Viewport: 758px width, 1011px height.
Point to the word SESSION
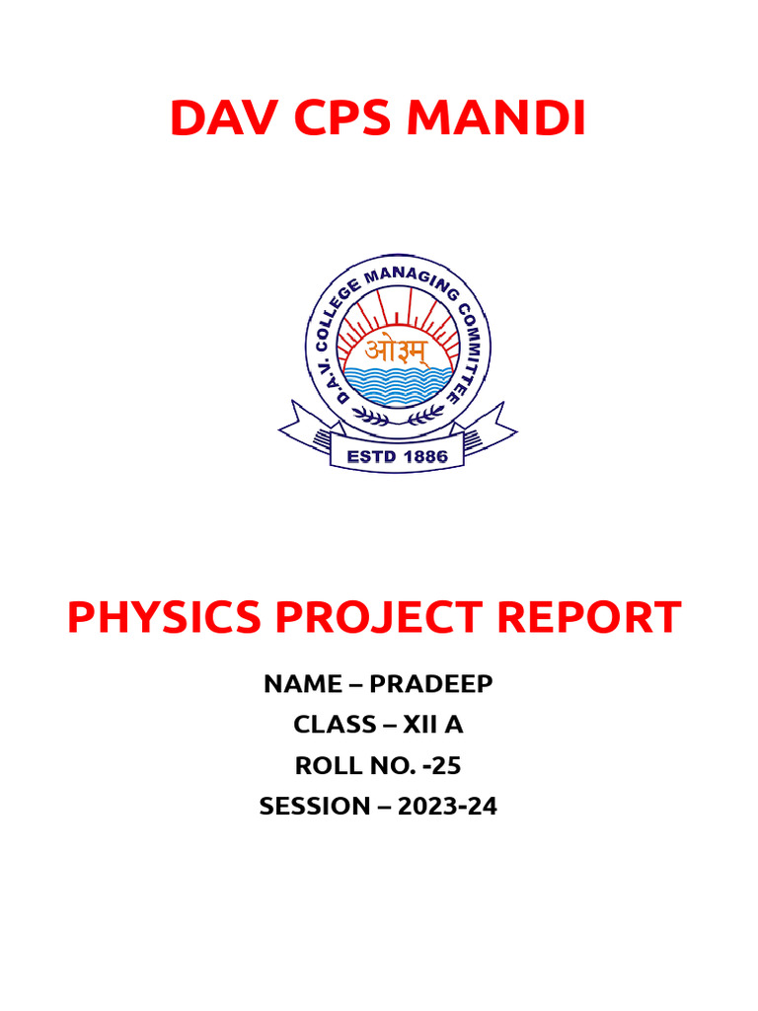pyautogui.click(x=313, y=806)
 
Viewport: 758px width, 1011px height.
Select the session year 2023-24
pyautogui.click(x=448, y=806)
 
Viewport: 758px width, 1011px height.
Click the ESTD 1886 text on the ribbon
pyautogui.click(x=397, y=456)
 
